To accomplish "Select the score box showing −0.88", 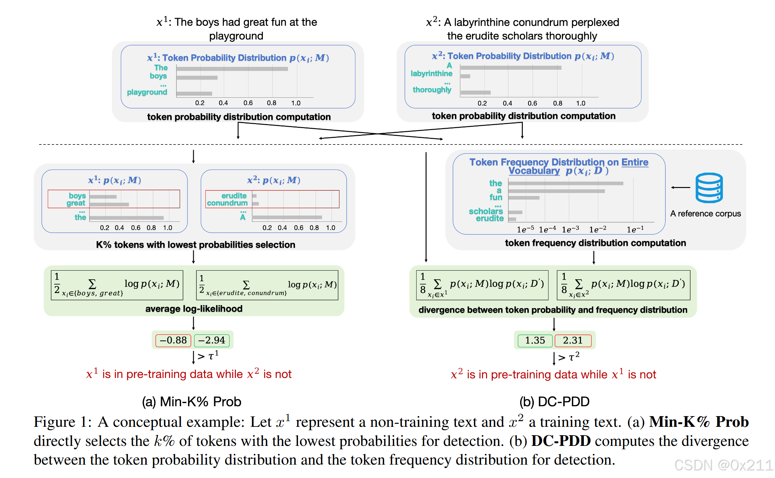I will point(173,340).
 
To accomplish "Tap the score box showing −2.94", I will point(212,340).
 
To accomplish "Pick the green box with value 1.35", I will point(535,341).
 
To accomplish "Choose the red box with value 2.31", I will point(573,341).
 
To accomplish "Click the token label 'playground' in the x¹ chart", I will point(147,92).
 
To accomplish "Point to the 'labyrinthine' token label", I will point(431,74).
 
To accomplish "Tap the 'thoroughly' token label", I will point(432,90).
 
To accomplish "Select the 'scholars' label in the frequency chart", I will point(486,211).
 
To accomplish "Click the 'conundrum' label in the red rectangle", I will point(227,203).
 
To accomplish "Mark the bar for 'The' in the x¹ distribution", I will point(232,69).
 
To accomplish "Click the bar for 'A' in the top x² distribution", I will point(511,68).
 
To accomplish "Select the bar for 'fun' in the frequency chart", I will point(524,198).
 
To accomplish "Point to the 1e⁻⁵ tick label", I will point(525,229).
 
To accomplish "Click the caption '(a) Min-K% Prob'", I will point(191,401).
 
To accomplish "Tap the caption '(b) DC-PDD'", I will point(554,401).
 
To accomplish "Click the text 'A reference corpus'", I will point(706,213).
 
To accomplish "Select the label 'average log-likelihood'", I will point(194,308).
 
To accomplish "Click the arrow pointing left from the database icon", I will point(680,187).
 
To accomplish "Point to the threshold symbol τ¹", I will point(213,356).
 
